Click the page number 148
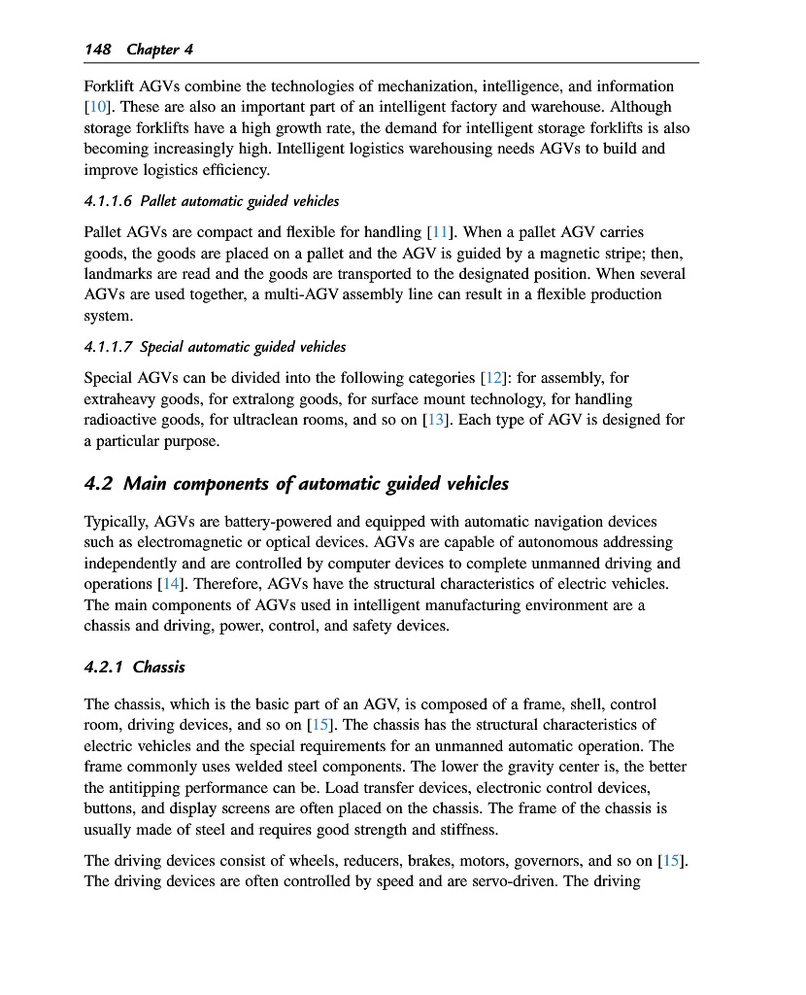pos(97,49)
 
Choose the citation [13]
pos(434,420)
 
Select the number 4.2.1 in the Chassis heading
pos(104,667)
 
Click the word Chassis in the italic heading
pos(158,667)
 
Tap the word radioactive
pos(125,420)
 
